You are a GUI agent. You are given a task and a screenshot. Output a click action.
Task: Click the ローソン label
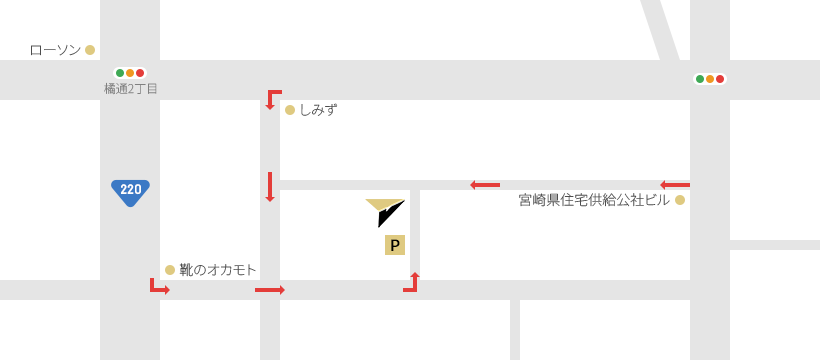[x=55, y=50]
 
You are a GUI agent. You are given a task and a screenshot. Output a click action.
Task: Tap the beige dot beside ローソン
[x=90, y=50]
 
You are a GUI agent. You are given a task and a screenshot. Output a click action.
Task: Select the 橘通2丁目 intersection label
[x=131, y=89]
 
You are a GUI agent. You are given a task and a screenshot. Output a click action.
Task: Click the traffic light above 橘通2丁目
[x=130, y=73]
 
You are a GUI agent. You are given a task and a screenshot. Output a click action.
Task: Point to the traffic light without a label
[x=710, y=79]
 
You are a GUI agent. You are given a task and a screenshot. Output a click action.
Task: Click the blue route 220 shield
[x=130, y=193]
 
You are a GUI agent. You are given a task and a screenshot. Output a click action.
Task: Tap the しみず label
[x=318, y=110]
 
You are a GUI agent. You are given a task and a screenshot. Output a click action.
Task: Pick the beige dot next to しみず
[x=290, y=110]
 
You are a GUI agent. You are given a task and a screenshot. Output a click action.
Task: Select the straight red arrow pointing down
[x=270, y=187]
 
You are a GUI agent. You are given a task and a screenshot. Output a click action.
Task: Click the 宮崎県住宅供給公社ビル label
[x=594, y=200]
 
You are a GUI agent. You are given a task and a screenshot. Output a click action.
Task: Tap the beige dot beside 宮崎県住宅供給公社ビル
[x=680, y=200]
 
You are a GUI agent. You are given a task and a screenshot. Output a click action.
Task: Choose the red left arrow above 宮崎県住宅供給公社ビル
[x=675, y=185]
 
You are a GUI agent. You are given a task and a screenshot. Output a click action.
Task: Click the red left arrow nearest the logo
[x=485, y=185]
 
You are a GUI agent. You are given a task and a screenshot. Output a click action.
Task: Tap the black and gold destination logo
[x=385, y=212]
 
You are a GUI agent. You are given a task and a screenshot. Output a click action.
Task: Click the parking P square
[x=395, y=245]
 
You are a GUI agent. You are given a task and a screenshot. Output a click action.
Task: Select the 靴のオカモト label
[x=218, y=270]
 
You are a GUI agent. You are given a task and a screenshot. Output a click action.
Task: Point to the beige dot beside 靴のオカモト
[x=169, y=270]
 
